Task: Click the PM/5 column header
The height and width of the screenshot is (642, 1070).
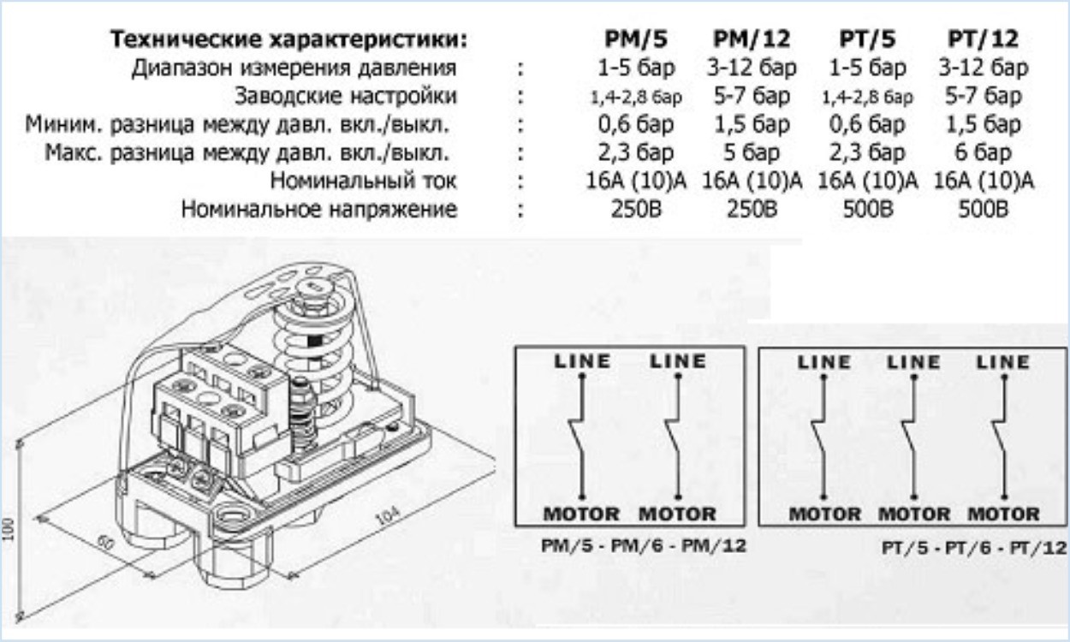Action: point(636,39)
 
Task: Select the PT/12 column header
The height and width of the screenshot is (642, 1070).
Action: point(983,39)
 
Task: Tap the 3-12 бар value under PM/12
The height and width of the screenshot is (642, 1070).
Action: point(752,68)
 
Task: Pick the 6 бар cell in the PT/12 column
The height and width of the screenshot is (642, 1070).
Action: point(983,152)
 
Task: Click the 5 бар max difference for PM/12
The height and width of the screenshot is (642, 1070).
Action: point(752,152)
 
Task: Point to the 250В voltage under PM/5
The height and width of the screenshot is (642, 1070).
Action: point(636,209)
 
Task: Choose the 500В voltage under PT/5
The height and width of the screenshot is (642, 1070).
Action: point(867,209)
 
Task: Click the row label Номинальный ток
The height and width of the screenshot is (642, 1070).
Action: point(364,181)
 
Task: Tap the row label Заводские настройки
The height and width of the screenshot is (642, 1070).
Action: point(346,96)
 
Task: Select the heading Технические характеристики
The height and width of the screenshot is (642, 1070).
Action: point(288,39)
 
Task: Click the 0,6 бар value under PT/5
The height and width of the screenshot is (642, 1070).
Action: point(867,124)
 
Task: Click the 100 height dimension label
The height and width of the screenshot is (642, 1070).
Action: point(8,529)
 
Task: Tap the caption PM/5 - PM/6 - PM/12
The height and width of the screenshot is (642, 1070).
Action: point(644,545)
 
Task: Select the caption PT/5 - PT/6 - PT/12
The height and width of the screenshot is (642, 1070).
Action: point(974,548)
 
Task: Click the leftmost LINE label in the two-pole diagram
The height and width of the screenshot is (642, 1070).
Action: point(582,361)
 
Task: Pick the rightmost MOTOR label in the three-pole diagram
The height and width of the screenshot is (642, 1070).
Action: point(1003,514)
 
